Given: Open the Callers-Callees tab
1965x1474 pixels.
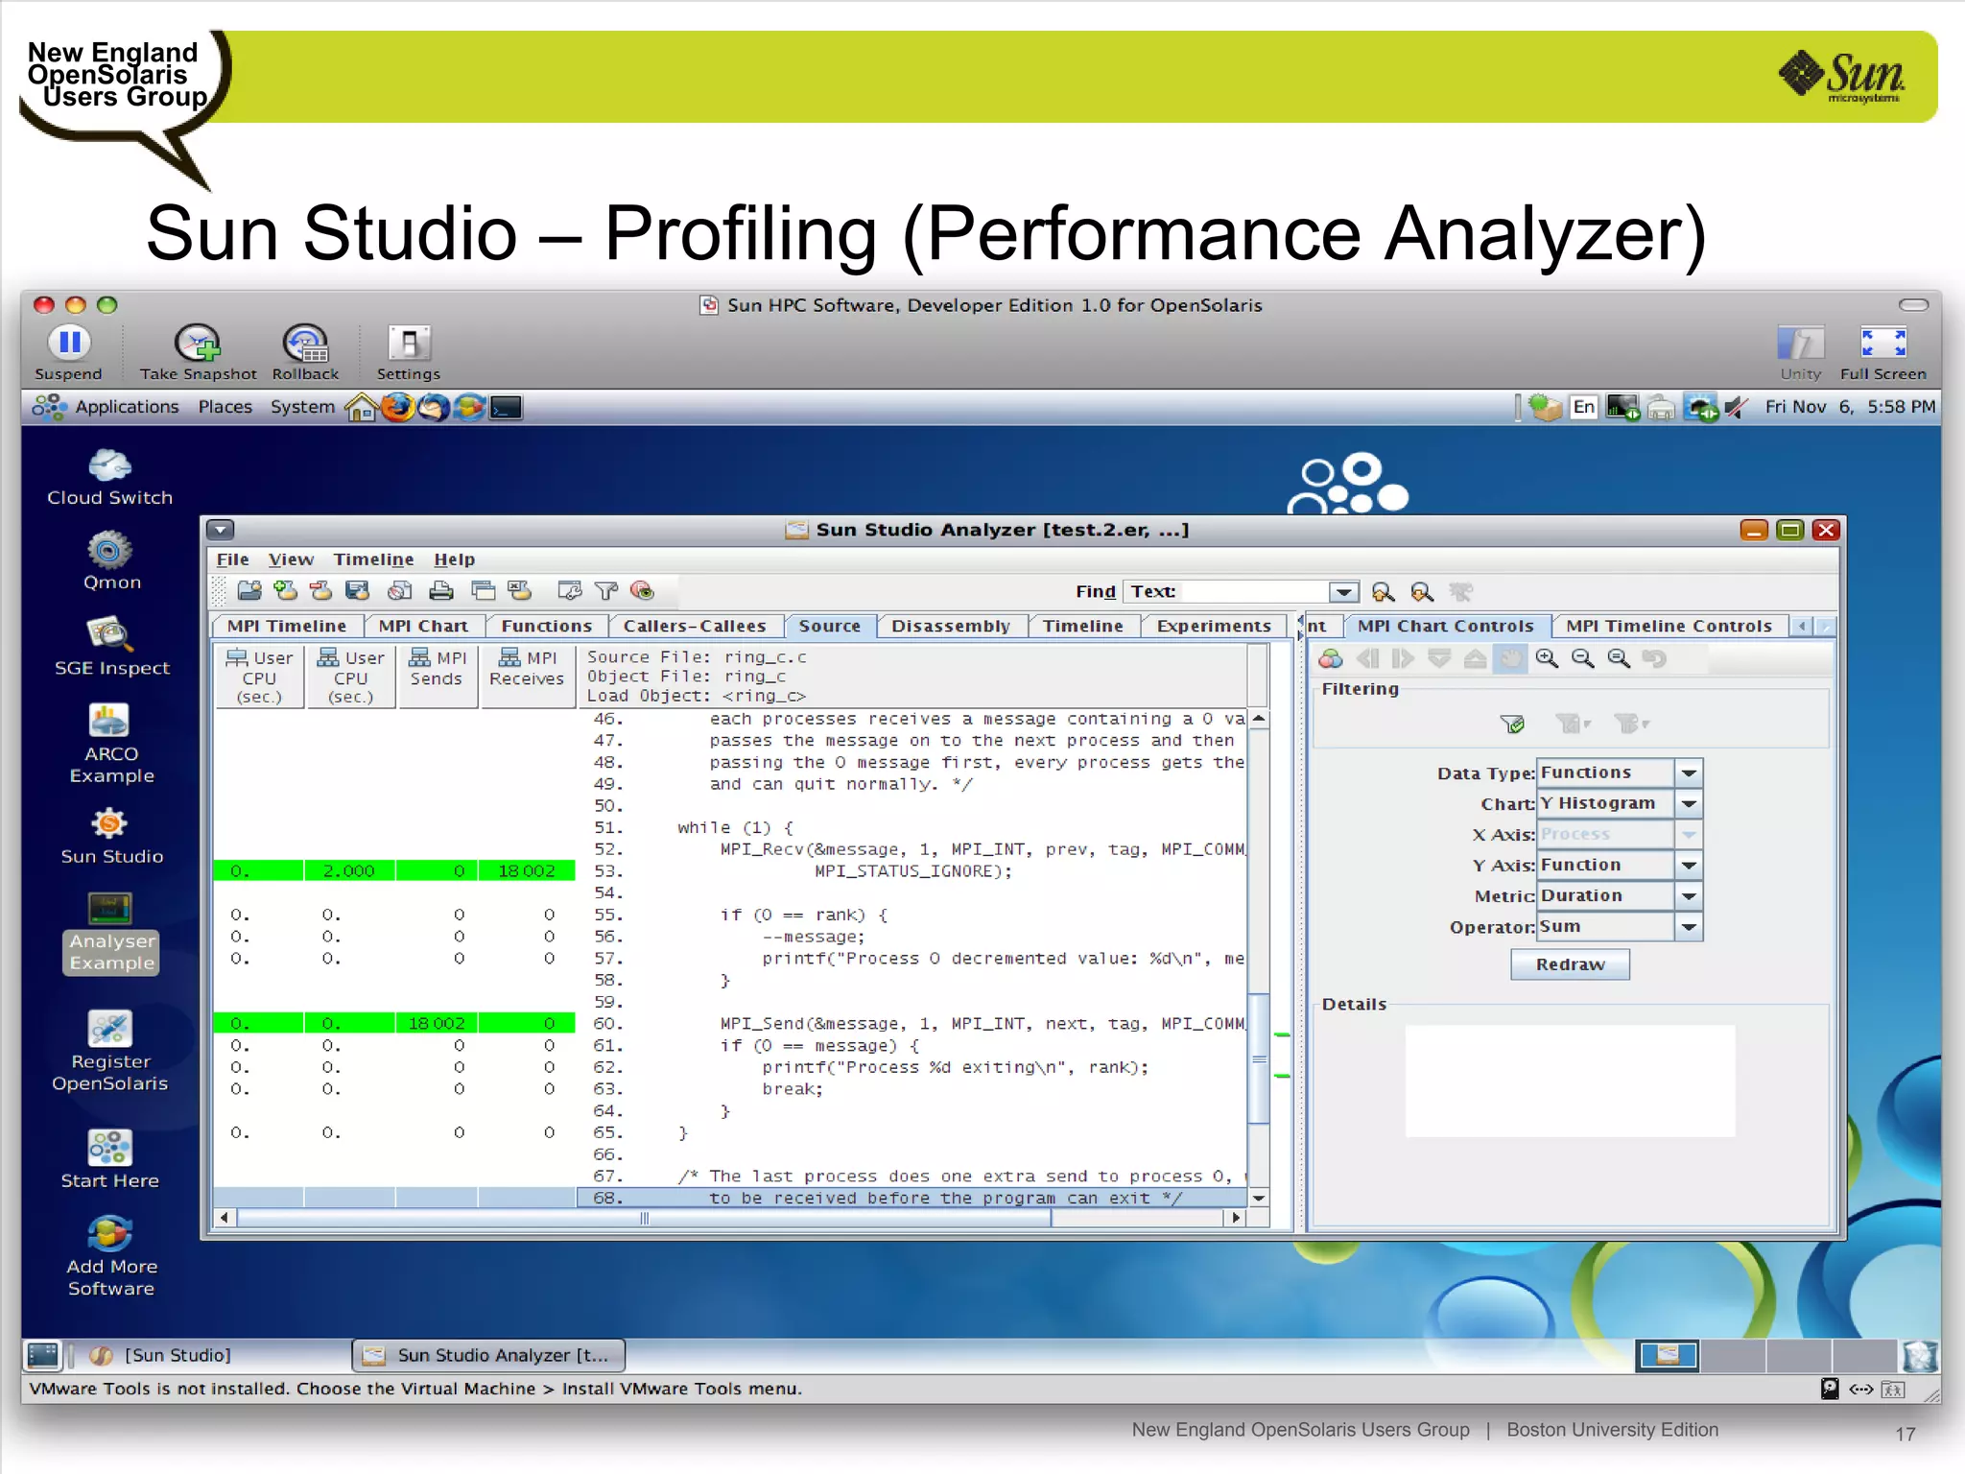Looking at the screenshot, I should [x=694, y=626].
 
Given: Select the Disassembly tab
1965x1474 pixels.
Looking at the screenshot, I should [x=950, y=626].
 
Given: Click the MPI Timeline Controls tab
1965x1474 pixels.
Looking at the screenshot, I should [x=1668, y=626].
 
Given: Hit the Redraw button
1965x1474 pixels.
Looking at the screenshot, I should [x=1570, y=964].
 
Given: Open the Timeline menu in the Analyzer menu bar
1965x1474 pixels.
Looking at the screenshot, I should [x=373, y=559].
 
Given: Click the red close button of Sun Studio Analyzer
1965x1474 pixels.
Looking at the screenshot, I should [x=1826, y=530].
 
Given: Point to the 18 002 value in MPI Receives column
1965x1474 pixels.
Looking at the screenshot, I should [x=526, y=871].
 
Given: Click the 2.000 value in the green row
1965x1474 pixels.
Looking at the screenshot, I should [x=348, y=871].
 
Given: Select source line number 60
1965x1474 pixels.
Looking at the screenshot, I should [x=607, y=1024].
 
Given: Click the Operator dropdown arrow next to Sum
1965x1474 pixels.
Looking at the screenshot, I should [x=1689, y=927].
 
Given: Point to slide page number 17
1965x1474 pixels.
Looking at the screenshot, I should [x=1905, y=1434].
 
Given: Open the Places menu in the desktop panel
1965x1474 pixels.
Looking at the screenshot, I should [x=225, y=407].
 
